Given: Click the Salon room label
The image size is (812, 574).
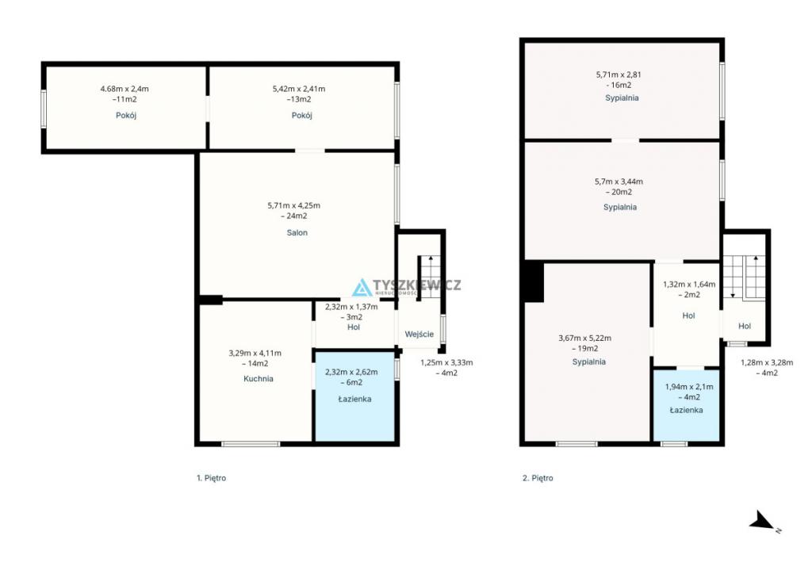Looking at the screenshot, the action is pyautogui.click(x=297, y=233).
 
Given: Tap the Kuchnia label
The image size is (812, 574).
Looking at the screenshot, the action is pyautogui.click(x=259, y=379).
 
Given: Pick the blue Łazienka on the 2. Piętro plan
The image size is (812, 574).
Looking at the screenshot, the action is pyautogui.click(x=686, y=406).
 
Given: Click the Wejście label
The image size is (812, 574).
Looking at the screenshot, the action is pyautogui.click(x=419, y=335).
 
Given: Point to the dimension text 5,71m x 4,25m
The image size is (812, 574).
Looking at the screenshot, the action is pyautogui.click(x=294, y=205).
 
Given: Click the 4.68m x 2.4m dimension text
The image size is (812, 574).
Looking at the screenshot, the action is pyautogui.click(x=124, y=89).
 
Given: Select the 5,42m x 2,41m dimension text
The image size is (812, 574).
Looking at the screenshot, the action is pyautogui.click(x=299, y=89).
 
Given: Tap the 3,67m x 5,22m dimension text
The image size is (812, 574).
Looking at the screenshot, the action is pyautogui.click(x=584, y=338).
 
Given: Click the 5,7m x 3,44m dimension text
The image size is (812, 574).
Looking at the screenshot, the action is pyautogui.click(x=619, y=182).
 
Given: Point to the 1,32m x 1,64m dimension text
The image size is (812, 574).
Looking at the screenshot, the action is pyautogui.click(x=689, y=284).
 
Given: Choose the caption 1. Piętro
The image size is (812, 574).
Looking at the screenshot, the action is pyautogui.click(x=211, y=478).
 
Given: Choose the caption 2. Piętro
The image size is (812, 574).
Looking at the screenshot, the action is pyautogui.click(x=538, y=478).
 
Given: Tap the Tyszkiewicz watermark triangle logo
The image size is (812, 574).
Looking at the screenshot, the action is pyautogui.click(x=362, y=288).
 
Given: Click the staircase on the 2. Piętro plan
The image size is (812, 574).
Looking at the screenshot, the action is pyautogui.click(x=744, y=277).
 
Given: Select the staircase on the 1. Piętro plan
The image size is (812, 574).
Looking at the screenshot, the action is pyautogui.click(x=430, y=277).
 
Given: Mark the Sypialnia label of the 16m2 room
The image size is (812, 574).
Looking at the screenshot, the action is pyautogui.click(x=622, y=98).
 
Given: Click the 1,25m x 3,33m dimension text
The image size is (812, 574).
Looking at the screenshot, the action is pyautogui.click(x=446, y=363).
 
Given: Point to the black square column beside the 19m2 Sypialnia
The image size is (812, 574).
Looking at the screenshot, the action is pyautogui.click(x=534, y=281).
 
